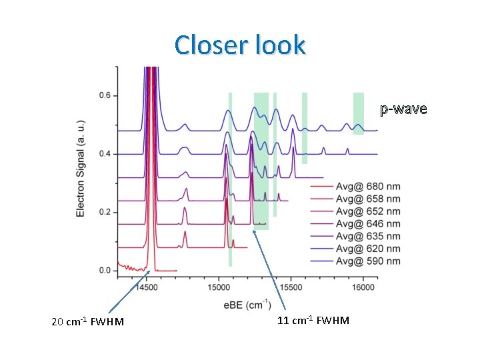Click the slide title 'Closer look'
click(240, 45)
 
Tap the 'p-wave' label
click(403, 109)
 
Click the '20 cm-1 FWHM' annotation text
click(87, 322)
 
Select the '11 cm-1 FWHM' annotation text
click(313, 321)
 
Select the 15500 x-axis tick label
click(291, 288)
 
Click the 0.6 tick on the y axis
click(105, 96)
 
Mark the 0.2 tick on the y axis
click(105, 213)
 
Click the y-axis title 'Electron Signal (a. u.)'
click(81, 167)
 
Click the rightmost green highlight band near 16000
click(359, 113)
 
